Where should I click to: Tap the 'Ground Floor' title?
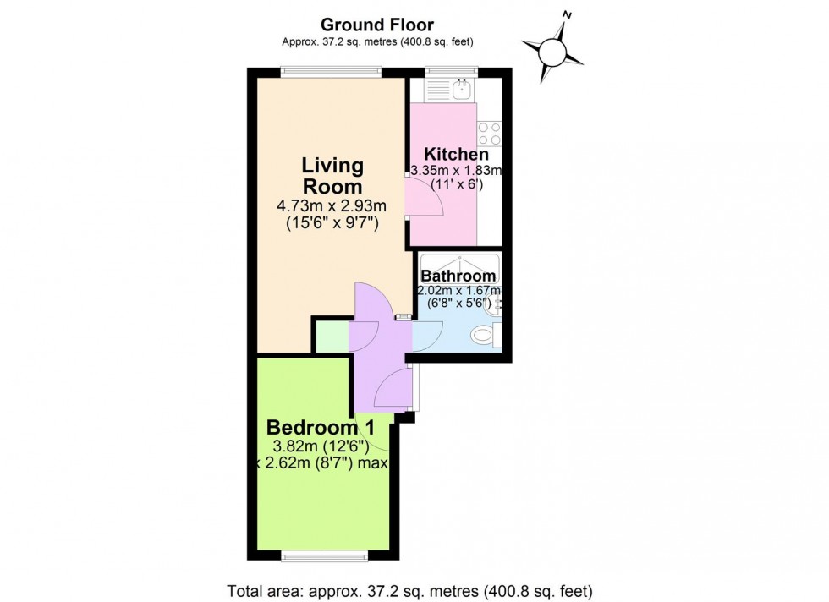pos(377,25)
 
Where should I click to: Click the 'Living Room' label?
pos(333,176)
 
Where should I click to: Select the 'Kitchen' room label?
pos(456,155)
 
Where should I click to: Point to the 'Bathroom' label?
pos(458,276)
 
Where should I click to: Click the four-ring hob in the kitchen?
pos(489,134)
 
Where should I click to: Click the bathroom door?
pos(423,337)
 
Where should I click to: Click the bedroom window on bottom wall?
pos(325,555)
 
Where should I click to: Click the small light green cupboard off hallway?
pos(331,337)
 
